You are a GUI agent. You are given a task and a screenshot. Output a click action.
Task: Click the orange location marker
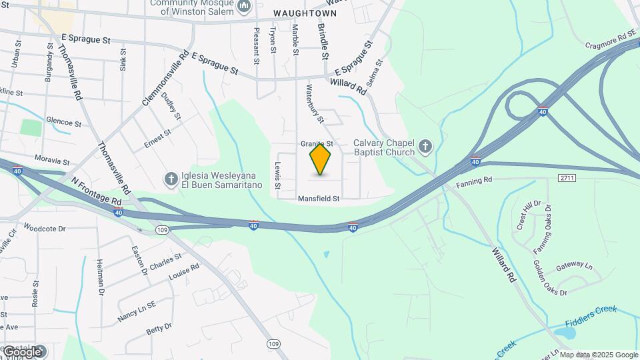321,159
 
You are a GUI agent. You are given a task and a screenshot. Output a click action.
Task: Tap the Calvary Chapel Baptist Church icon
425,145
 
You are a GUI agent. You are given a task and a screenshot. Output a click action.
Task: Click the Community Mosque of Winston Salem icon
243,7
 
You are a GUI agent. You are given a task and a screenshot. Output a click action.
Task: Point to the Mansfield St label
319,199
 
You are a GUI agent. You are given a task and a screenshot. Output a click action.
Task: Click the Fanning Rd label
473,181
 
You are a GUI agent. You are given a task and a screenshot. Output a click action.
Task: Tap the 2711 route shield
567,178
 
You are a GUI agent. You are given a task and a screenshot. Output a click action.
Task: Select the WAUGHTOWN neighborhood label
299,13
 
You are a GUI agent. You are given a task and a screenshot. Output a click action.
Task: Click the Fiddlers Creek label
591,317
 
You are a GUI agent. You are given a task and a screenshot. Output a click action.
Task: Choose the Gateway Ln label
574,265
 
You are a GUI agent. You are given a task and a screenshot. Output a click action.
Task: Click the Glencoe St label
63,123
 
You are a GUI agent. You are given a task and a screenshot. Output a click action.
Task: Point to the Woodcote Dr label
45,228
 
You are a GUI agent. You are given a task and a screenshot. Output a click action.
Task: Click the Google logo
22,351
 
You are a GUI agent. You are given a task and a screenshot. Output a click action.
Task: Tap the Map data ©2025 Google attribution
599,355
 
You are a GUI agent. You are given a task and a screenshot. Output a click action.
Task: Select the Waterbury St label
314,104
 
